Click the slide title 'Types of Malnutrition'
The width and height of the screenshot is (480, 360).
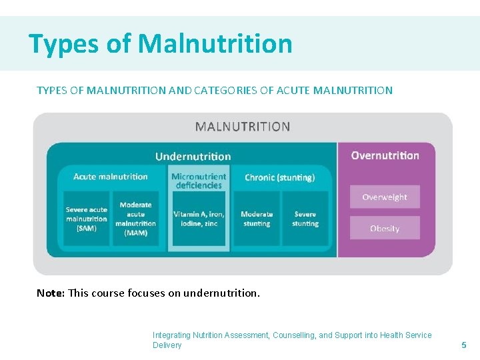coord(160,44)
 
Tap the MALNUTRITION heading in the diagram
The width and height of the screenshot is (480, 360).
coord(242,127)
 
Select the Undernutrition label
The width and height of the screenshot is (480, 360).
coord(193,157)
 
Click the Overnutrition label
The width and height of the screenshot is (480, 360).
coord(385,155)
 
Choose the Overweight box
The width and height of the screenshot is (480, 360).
coord(385,197)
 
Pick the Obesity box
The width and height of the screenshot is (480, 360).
coord(385,228)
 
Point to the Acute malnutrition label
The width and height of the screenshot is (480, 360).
coord(110,177)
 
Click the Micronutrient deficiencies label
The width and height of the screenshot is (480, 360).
coord(199,181)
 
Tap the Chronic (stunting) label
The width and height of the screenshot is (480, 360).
coord(279,177)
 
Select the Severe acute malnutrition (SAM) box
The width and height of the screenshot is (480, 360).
coord(86,219)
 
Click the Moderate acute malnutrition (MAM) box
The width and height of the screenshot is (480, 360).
coord(135,219)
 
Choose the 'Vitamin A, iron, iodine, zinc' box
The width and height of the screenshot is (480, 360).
coord(199,219)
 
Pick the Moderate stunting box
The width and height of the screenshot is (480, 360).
coord(257,219)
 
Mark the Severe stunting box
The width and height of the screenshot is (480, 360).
coord(305,219)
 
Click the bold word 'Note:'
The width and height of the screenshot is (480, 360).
coord(51,293)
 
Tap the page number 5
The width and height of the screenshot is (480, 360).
coord(464,345)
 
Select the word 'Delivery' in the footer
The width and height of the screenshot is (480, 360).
coord(167,345)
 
